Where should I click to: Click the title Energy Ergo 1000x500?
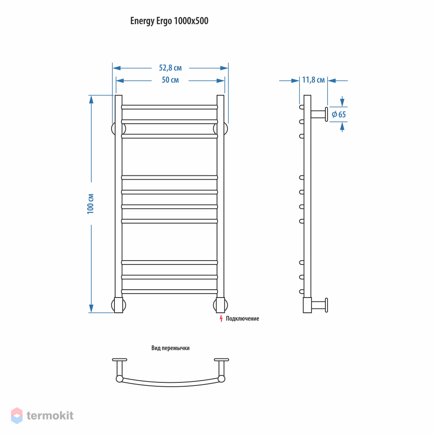pos(169,21)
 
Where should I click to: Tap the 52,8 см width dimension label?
pos(171,68)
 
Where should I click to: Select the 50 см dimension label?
pos(171,80)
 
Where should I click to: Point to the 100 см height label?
pos(90,204)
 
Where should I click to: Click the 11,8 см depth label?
pos(313,80)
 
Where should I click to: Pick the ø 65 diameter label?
pos(339,114)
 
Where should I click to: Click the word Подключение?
pos(242,319)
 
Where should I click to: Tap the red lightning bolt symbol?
pos(221,319)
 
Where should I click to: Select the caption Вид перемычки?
pos(171,348)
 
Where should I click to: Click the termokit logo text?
pos(50,415)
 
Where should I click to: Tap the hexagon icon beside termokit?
pos(17,415)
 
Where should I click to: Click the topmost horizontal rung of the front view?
pos(170,107)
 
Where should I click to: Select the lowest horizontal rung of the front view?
pos(170,291)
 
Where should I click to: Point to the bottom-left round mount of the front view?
pos(118,305)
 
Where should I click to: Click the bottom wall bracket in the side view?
pos(320,305)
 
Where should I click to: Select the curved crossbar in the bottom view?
pos(171,384)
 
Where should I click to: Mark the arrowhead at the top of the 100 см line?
pos(91,99)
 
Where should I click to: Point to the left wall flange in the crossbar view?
pos(120,360)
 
